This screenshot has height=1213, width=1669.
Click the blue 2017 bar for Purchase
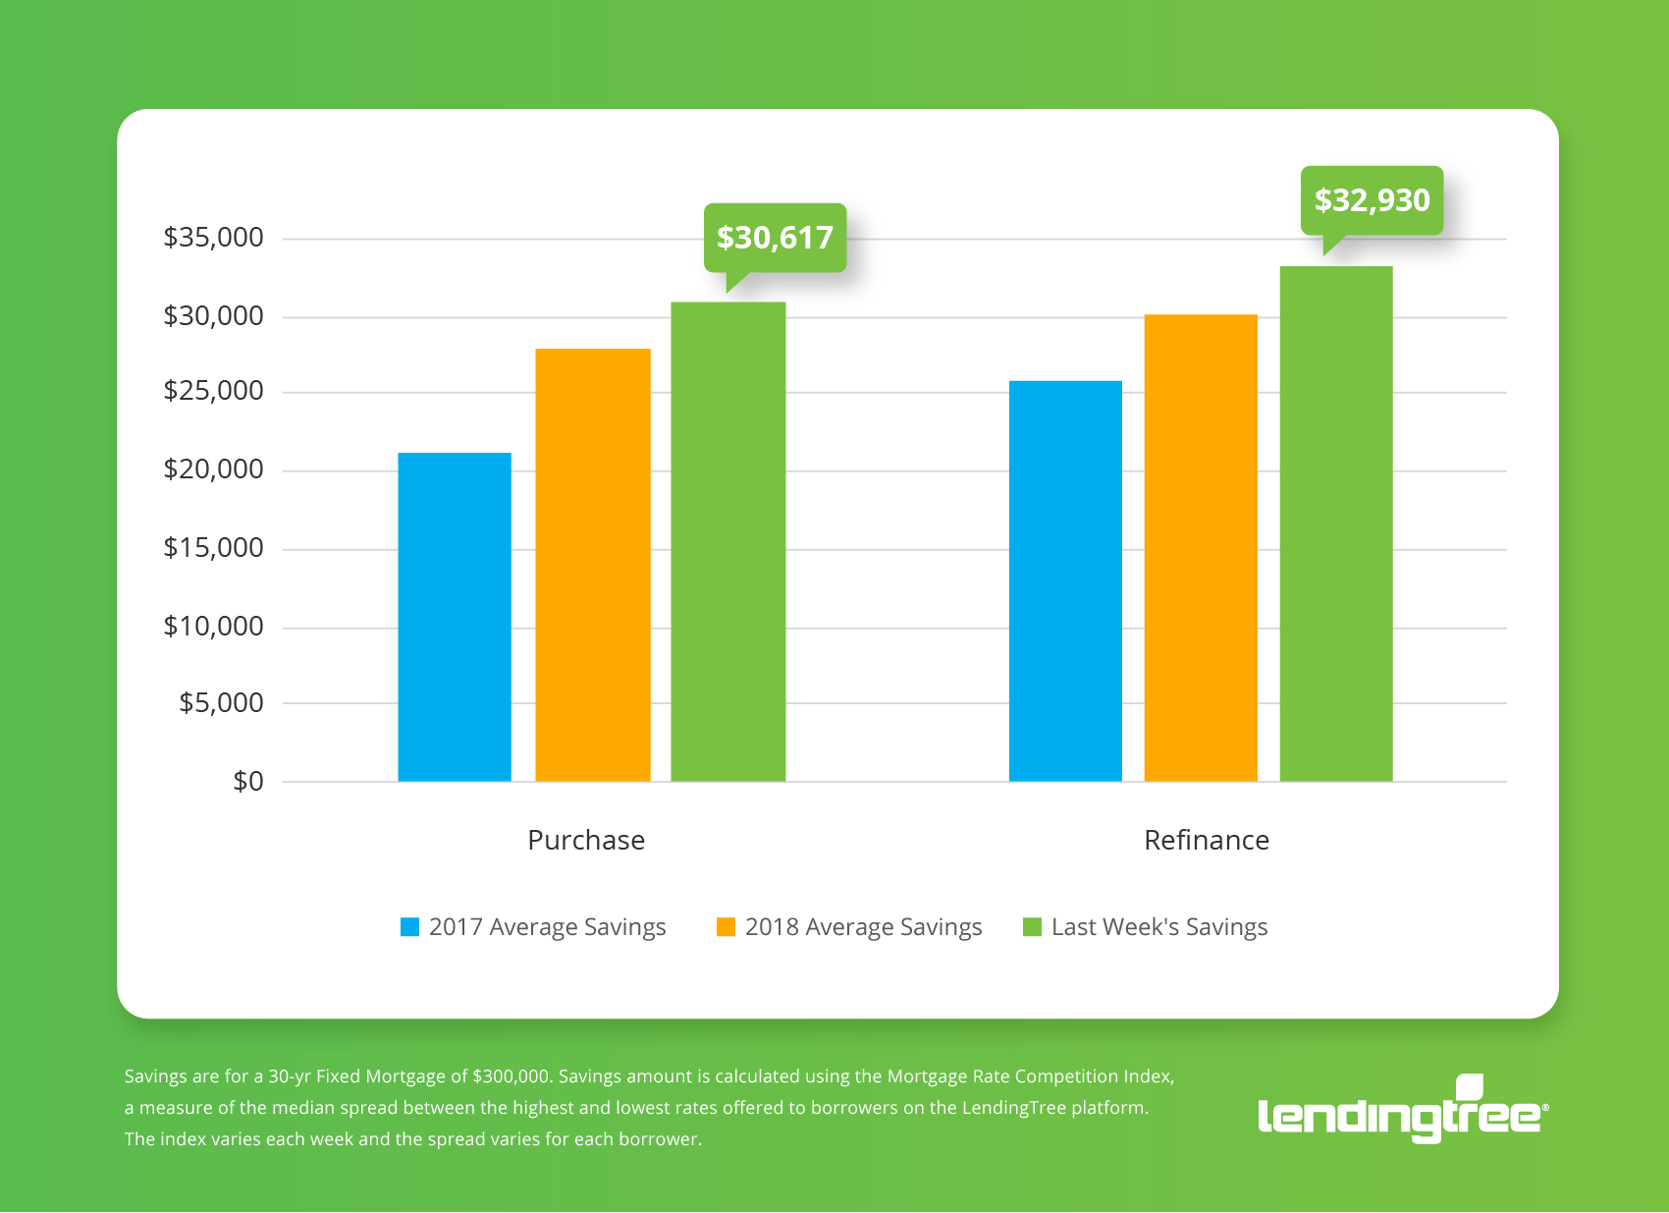pos(455,617)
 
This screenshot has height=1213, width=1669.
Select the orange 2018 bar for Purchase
pos(593,565)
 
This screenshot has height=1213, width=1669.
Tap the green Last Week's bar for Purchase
pos(728,541)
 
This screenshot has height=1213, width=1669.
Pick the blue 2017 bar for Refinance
pos(1065,580)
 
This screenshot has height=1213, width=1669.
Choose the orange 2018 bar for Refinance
pos(1201,547)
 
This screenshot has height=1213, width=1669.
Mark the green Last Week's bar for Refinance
pos(1336,524)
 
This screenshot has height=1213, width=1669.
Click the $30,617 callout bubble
pos(775,238)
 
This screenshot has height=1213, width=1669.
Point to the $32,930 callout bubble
pos(1372,200)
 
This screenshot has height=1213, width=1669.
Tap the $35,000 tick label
pos(213,238)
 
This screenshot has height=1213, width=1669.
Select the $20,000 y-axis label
pos(213,469)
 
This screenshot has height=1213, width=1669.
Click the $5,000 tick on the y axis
pos(221,703)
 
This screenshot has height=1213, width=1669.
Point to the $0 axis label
pos(247,782)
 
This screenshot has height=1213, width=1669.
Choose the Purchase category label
pos(586,841)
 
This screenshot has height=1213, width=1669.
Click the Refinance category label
pos(1207,841)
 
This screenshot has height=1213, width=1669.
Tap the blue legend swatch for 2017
pos(409,927)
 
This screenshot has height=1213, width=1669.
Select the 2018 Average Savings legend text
pos(863,927)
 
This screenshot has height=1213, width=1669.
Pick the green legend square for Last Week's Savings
pos(1032,927)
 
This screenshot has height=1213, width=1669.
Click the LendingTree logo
pos(1402,1112)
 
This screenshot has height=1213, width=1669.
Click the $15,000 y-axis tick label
pos(213,548)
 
